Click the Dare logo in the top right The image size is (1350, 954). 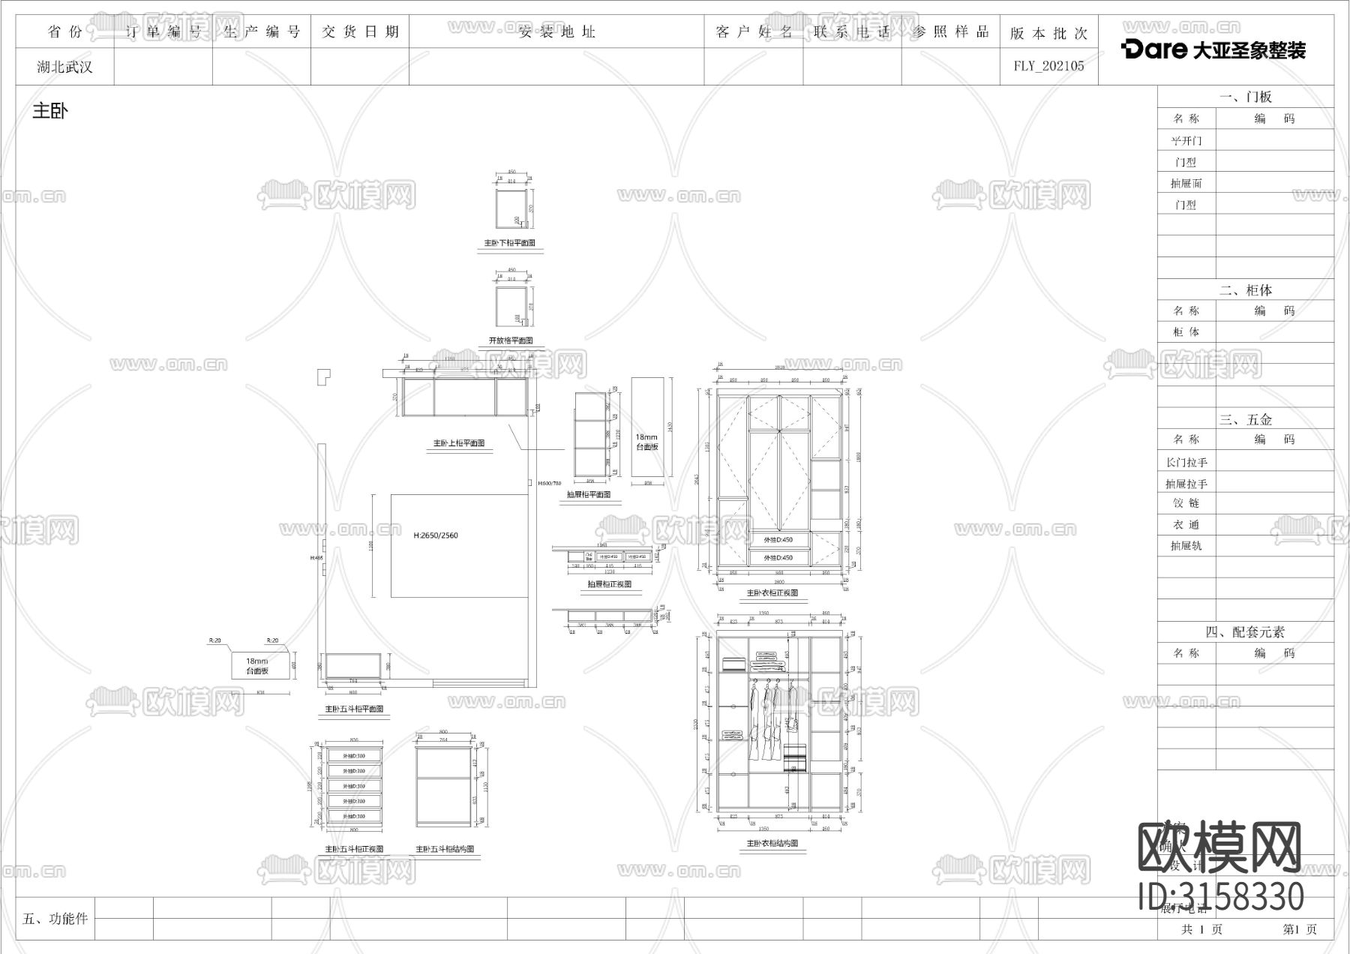1213,49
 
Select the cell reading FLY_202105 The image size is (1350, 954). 1048,66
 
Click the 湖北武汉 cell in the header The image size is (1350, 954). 64,67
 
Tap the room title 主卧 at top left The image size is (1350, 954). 50,111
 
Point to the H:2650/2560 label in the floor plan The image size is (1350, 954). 435,535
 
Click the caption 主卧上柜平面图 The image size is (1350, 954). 459,443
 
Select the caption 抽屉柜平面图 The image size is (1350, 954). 589,494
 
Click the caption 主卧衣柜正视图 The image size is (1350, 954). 772,593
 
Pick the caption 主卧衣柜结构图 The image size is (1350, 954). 772,843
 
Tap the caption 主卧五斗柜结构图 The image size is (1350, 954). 445,849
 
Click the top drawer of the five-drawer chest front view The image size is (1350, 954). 354,756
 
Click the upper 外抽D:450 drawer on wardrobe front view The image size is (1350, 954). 778,540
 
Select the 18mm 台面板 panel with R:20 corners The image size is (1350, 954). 257,665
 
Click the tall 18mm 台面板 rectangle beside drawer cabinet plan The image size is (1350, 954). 647,427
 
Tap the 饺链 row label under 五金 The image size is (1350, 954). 1186,503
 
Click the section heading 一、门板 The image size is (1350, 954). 1246,97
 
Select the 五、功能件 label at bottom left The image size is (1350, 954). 55,919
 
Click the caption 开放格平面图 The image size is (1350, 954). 511,340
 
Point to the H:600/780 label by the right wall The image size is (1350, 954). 550,484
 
